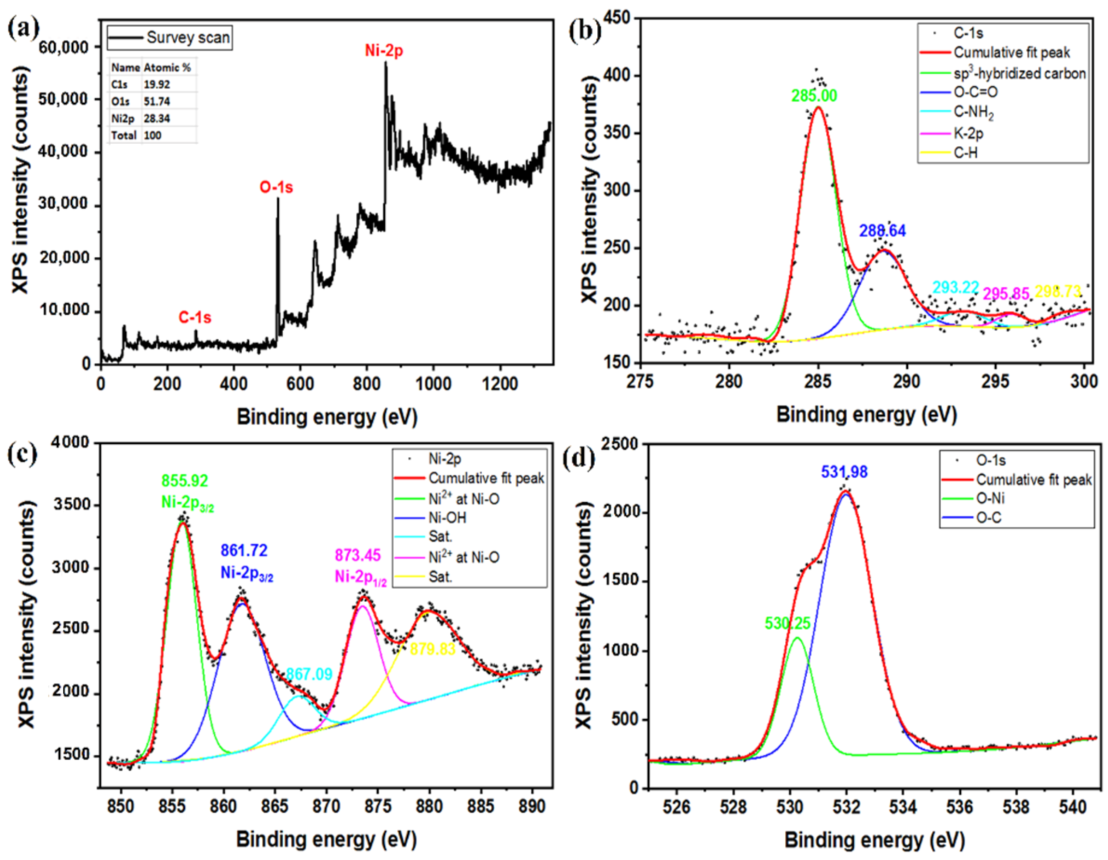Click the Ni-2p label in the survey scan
384,51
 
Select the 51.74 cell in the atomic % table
157,101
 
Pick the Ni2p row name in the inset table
123,118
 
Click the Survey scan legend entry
188,38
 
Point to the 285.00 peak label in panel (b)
814,96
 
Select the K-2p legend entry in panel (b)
968,133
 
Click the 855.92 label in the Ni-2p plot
185,480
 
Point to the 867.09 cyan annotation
309,674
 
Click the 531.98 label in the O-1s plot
844,472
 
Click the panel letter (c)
22,454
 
